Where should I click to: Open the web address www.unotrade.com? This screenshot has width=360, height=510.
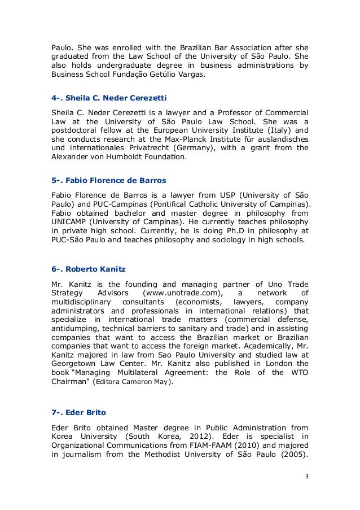pos(181,293)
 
